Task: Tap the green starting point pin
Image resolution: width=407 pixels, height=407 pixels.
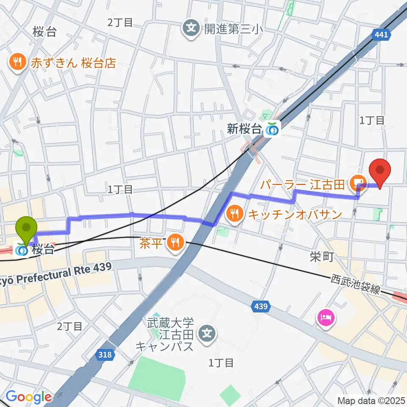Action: [x=26, y=229]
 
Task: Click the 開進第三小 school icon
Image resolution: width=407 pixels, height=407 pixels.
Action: [x=191, y=29]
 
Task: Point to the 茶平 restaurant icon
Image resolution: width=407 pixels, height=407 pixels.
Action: [x=175, y=242]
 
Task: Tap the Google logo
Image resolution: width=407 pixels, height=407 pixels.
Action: [x=28, y=397]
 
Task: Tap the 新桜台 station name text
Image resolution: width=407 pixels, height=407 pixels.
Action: [x=244, y=129]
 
